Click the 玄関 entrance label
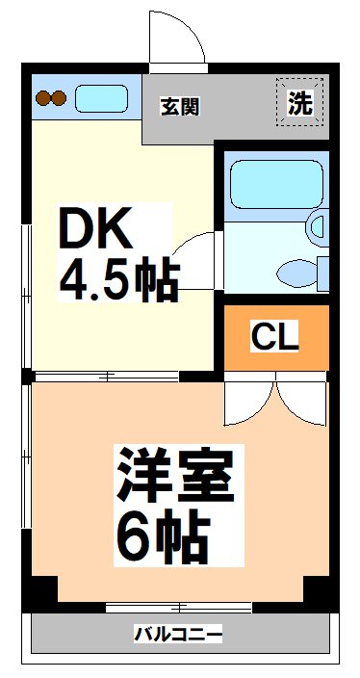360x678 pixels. [180, 106]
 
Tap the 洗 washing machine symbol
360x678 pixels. [300, 102]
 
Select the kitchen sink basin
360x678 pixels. [102, 98]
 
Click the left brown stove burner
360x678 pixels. [43, 98]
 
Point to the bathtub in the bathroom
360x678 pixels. [276, 185]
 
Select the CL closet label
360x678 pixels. [275, 337]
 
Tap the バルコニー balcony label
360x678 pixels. [178, 635]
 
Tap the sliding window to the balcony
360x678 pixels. [178, 608]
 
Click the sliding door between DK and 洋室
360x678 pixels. [106, 378]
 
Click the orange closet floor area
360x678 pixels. [276, 337]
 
